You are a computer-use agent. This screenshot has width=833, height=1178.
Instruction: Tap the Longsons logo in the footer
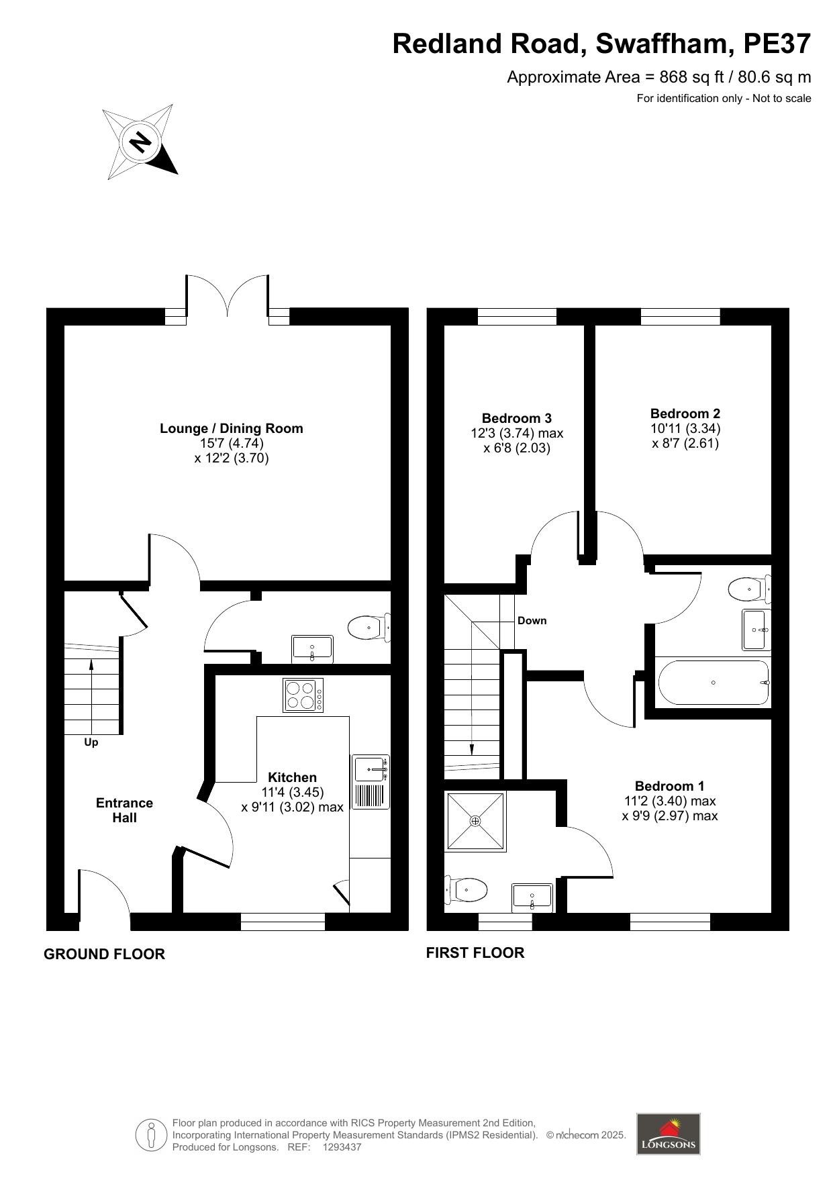[668, 1134]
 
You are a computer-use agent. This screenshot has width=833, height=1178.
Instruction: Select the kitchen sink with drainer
[371, 781]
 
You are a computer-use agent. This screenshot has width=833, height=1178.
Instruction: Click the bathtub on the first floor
[714, 683]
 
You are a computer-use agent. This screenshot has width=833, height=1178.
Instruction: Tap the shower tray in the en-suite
[475, 821]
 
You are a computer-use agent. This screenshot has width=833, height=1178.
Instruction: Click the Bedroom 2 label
[685, 413]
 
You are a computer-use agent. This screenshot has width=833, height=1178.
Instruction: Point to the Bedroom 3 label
[517, 418]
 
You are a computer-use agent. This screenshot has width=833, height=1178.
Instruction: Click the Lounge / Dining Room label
[232, 428]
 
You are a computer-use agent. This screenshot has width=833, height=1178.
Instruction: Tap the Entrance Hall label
[125, 810]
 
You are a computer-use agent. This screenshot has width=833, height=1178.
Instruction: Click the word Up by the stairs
[91, 742]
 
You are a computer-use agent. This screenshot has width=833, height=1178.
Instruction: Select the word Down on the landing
[532, 621]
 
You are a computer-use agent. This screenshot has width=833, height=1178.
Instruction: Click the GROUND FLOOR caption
[104, 954]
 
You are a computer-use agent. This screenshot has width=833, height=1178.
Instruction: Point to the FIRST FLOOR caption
[475, 952]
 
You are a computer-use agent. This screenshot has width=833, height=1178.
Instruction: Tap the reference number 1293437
[342, 1147]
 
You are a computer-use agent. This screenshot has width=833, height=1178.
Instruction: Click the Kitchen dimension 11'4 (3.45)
[293, 792]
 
